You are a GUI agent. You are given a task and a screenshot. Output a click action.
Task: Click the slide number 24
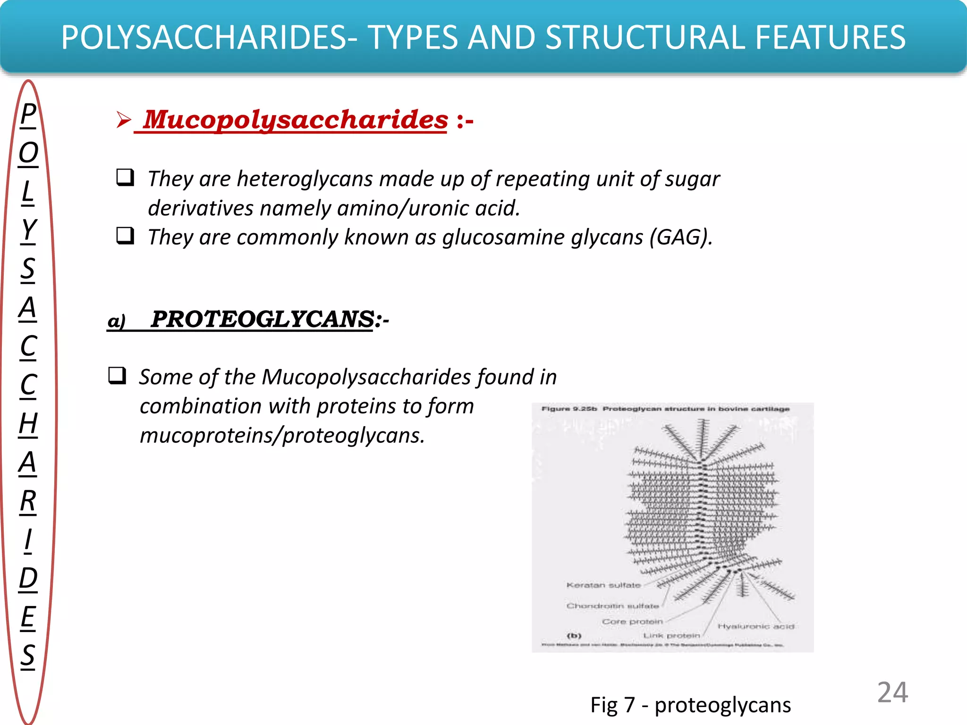coord(892,692)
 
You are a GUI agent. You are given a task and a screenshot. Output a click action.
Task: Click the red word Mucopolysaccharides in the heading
coord(295,119)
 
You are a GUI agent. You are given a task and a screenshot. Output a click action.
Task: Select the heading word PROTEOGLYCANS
coord(263,319)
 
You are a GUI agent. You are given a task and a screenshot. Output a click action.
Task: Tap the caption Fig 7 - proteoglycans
coord(690,705)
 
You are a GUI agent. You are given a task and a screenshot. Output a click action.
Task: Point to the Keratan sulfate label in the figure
coord(603,585)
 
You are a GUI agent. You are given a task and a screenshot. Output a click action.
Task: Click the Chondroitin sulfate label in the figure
coord(612,606)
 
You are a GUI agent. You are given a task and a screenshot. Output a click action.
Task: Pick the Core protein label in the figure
coord(632,622)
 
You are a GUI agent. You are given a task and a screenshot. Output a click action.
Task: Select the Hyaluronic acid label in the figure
coord(755,626)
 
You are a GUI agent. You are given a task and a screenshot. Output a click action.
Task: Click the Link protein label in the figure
coord(671,636)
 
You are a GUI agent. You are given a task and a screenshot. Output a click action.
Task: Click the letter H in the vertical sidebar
coord(28,423)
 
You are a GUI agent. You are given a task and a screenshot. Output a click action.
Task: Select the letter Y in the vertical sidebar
coord(28,230)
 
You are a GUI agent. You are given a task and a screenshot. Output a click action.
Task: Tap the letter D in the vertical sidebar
coord(28,578)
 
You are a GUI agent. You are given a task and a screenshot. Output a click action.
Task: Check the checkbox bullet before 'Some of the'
coord(117,376)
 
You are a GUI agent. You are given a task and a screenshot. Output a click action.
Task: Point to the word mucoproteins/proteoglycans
coord(282,435)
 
